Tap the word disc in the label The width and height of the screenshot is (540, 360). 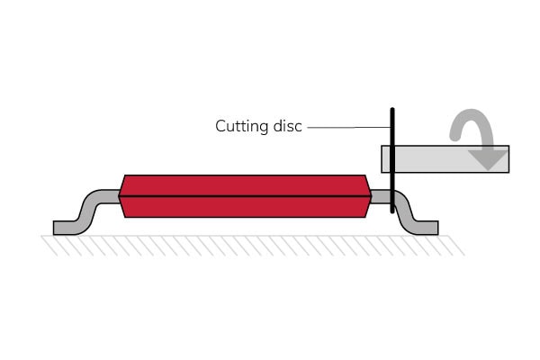[284, 127]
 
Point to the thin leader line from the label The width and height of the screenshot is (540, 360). [346, 128]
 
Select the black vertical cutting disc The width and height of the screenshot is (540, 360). [392, 162]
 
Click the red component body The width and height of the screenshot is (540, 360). [243, 196]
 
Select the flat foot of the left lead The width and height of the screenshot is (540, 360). [67, 227]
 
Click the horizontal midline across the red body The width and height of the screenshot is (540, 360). [243, 195]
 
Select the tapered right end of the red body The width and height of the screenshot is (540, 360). [365, 196]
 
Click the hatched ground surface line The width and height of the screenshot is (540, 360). [252, 237]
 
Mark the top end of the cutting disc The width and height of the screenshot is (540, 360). [392, 111]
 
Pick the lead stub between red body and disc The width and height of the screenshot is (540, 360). [381, 196]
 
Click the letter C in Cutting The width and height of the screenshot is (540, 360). [220, 127]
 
